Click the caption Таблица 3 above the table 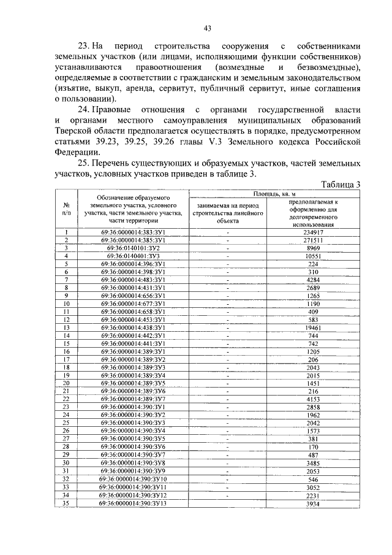tap(341, 184)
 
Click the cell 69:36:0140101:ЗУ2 tap(133, 248)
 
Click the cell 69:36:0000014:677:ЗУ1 tap(133, 304)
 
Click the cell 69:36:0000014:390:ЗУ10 tap(133, 479)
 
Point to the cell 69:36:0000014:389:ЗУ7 tap(133, 399)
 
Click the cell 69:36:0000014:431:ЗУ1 tap(133, 288)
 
